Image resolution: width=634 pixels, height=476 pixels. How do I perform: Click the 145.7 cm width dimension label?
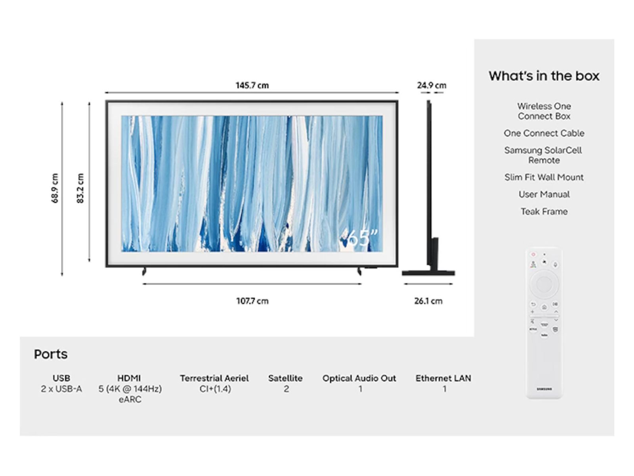tap(252, 86)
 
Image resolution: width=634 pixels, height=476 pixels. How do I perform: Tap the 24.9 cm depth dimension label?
tap(432, 86)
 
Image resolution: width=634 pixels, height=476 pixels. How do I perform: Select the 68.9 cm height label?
tap(55, 188)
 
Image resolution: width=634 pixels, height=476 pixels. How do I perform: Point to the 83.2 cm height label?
tap(80, 188)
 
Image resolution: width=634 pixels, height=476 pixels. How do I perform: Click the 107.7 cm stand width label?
tap(252, 301)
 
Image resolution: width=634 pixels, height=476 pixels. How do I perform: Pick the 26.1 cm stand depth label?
tap(428, 301)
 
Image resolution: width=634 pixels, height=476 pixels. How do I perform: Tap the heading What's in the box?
tap(544, 76)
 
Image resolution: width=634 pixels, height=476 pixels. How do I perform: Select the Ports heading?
tap(51, 354)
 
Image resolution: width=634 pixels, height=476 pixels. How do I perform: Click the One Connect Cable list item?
tap(544, 133)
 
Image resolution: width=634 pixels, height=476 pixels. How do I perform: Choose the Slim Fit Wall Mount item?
tap(544, 177)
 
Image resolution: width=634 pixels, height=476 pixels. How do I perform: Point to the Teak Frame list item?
tap(544, 211)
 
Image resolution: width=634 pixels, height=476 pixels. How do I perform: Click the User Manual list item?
tap(544, 194)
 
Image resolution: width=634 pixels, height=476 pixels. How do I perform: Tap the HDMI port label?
tap(129, 378)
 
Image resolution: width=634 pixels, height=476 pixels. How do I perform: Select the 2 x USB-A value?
tap(61, 389)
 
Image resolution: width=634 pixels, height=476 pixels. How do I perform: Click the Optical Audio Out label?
tap(359, 378)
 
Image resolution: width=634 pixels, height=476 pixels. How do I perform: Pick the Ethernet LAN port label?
tap(443, 378)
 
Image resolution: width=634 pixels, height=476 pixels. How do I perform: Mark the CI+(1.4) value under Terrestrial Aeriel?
tap(215, 389)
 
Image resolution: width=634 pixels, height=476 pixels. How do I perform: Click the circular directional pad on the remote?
tap(544, 284)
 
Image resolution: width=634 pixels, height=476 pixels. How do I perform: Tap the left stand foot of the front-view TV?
tap(144, 271)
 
